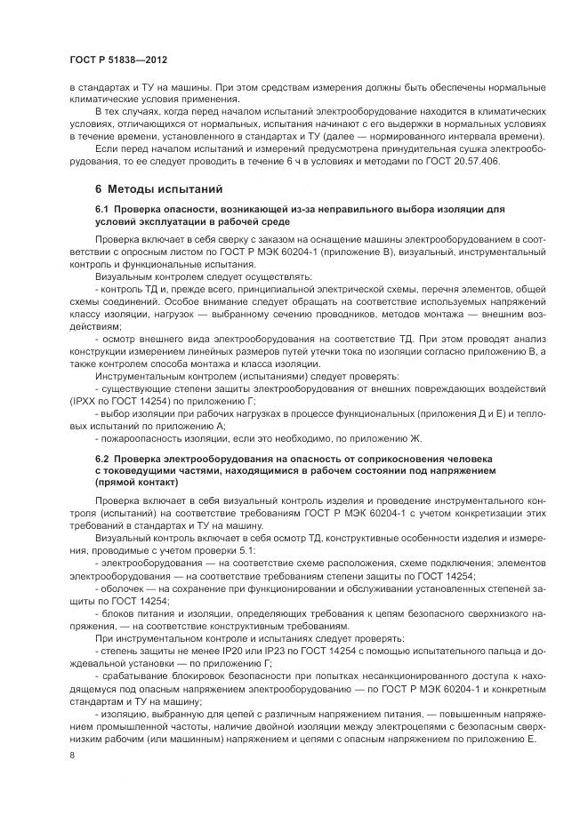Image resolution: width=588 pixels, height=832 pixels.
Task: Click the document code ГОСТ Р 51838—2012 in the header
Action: coord(118,58)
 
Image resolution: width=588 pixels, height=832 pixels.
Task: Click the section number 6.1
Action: coord(102,208)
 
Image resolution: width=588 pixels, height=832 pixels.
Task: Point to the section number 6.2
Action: coord(102,458)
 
